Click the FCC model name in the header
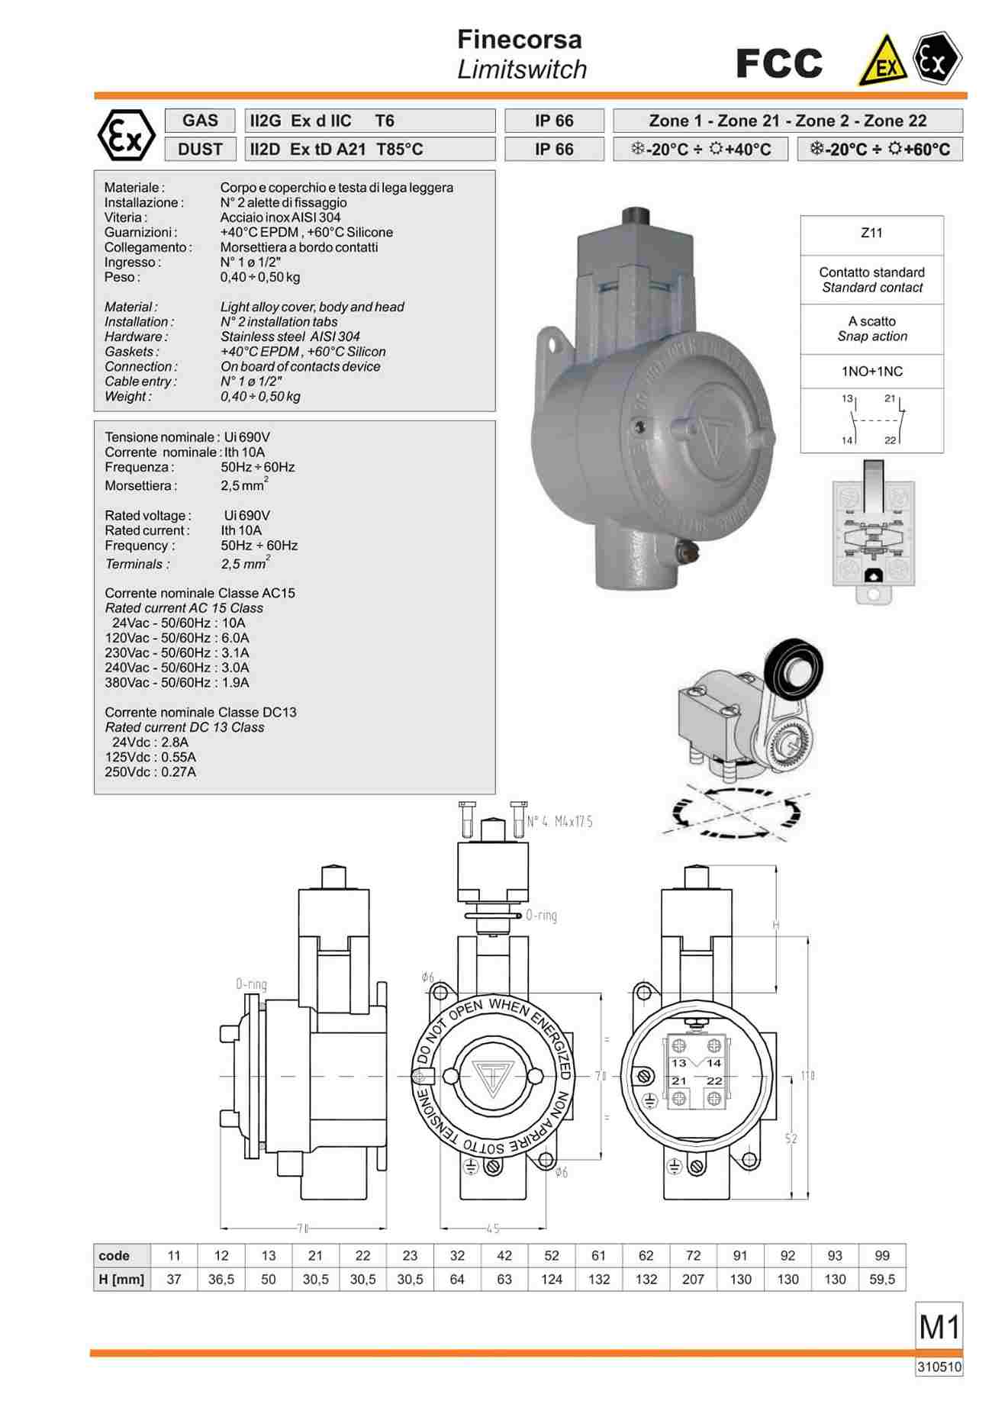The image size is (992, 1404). click(x=779, y=63)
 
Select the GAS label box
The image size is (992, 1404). click(x=200, y=121)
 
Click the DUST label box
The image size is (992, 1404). click(x=200, y=149)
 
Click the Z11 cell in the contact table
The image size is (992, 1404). click(x=871, y=233)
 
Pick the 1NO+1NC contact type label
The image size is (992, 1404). click(x=871, y=372)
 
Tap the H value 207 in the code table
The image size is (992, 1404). click(x=693, y=1279)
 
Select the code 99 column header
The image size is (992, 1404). click(x=882, y=1255)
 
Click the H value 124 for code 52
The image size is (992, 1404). click(x=552, y=1279)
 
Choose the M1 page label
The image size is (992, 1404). click(x=939, y=1328)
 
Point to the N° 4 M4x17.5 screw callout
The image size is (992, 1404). click(x=559, y=822)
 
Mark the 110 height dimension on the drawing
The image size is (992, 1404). click(x=807, y=1076)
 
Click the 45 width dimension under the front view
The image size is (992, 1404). click(x=493, y=1228)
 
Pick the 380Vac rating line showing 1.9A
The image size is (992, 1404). click(x=177, y=683)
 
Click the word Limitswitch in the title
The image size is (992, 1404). click(x=522, y=69)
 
